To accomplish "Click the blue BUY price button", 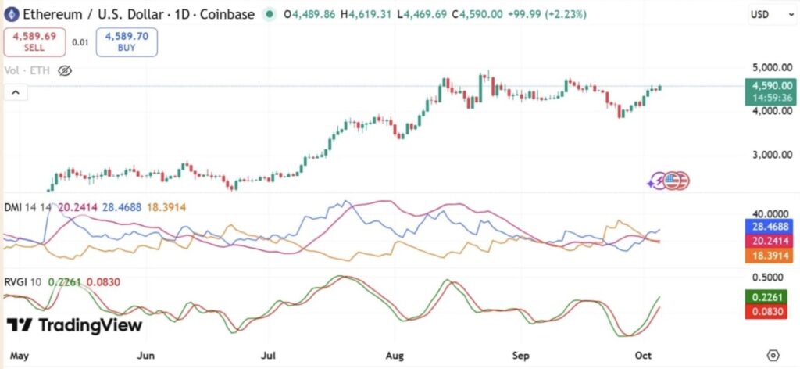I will pyautogui.click(x=127, y=41).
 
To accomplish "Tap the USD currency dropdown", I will pyautogui.click(x=765, y=14).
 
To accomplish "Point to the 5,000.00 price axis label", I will pyautogui.click(x=772, y=67).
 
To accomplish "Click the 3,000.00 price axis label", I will pyautogui.click(x=772, y=154).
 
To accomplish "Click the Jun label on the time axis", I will pyautogui.click(x=146, y=354).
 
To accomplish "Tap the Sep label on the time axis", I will pyautogui.click(x=523, y=354).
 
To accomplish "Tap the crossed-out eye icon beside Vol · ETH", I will pyautogui.click(x=65, y=70).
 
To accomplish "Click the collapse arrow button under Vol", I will pyautogui.click(x=16, y=93).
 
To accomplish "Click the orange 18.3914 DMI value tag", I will pyautogui.click(x=770, y=256).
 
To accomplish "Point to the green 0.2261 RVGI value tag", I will pyautogui.click(x=770, y=296).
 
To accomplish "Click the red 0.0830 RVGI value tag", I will pyautogui.click(x=770, y=311).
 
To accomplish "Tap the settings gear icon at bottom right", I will pyautogui.click(x=773, y=354).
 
